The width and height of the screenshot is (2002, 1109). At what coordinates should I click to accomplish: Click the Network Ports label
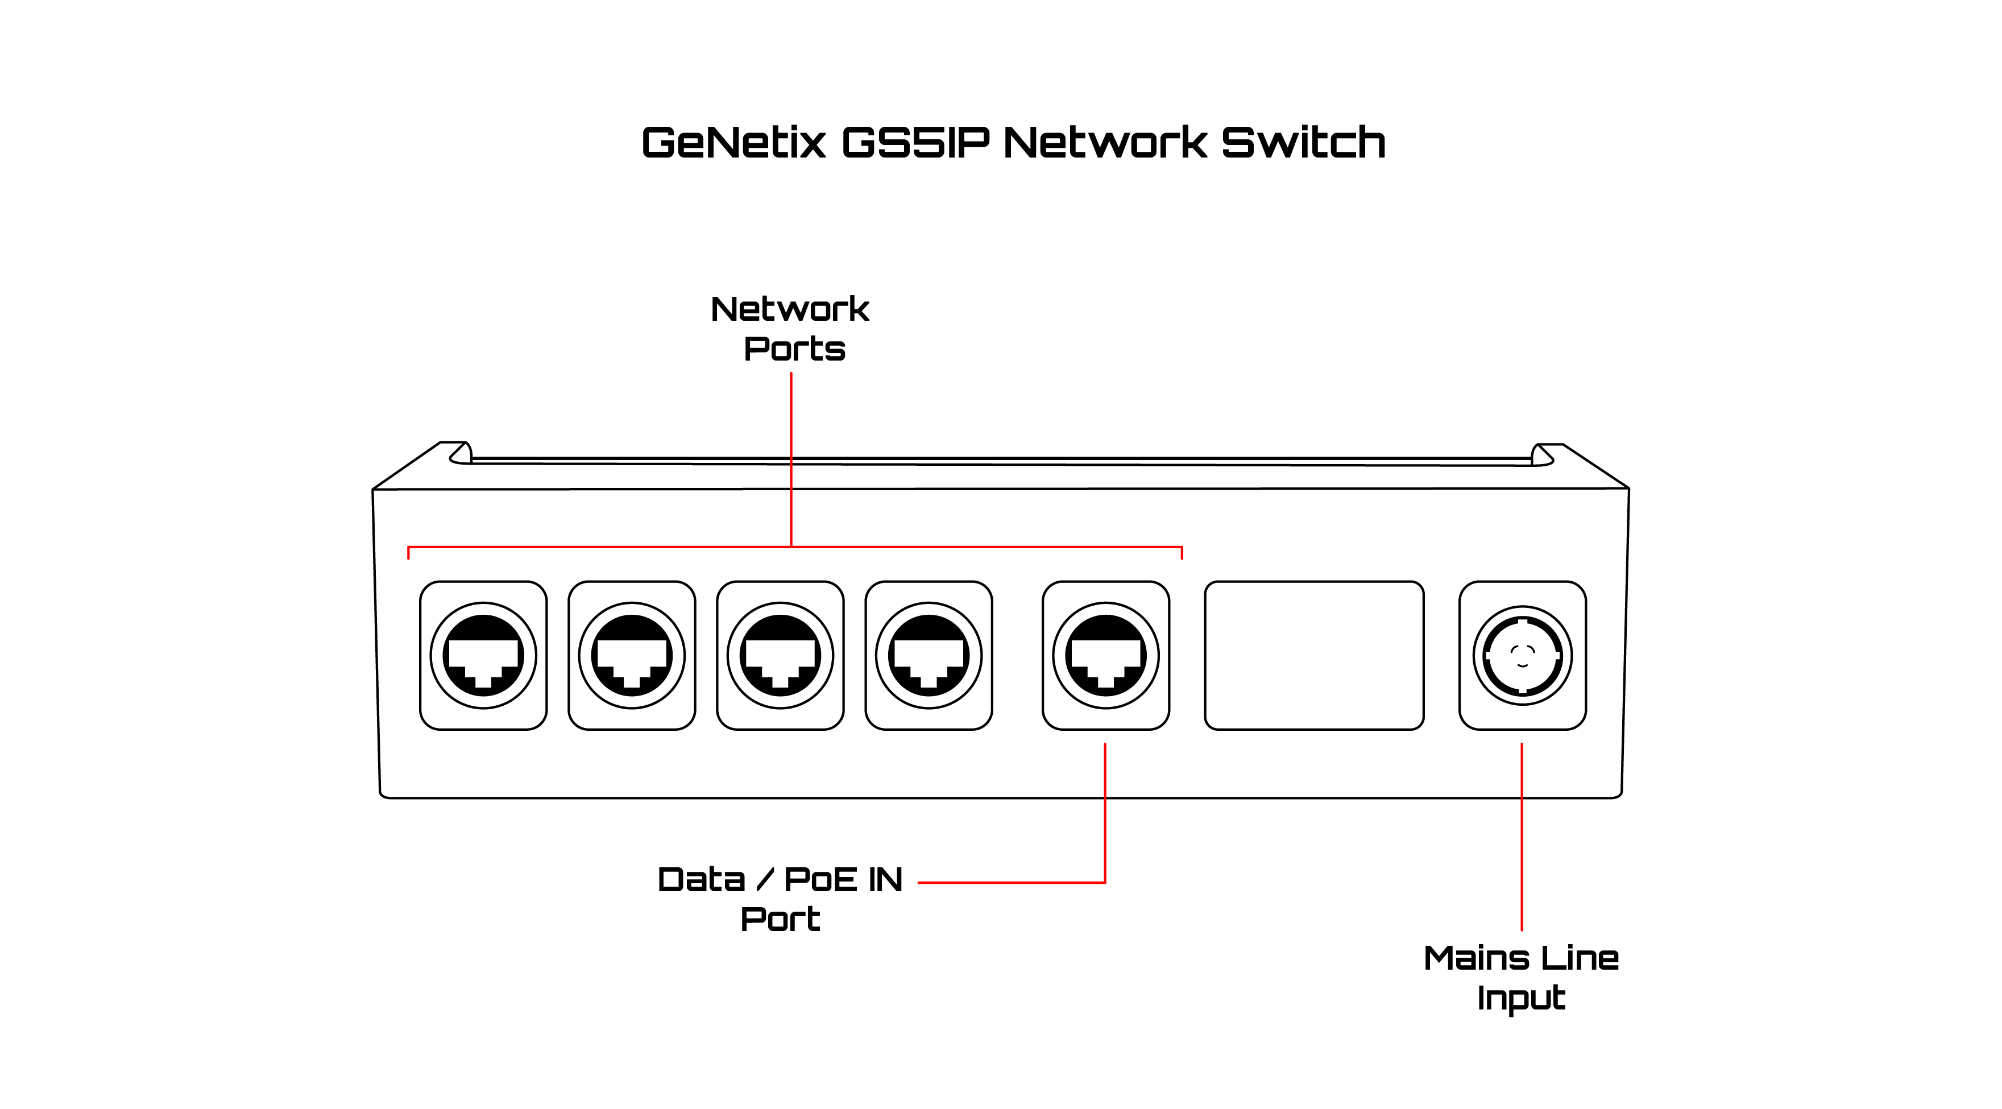[x=790, y=329]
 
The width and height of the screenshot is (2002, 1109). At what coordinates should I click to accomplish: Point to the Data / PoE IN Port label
[x=780, y=899]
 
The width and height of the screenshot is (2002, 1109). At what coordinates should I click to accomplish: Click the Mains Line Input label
[x=1521, y=978]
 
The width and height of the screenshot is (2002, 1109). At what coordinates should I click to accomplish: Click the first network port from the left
[x=483, y=655]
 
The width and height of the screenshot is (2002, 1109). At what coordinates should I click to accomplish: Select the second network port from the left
[x=631, y=655]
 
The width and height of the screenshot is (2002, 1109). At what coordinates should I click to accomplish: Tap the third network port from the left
[x=780, y=655]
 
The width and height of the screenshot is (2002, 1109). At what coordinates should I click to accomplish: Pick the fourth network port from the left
[x=928, y=655]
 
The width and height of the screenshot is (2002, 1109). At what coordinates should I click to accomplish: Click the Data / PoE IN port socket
[x=1105, y=655]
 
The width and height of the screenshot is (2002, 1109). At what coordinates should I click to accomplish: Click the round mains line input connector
[x=1522, y=655]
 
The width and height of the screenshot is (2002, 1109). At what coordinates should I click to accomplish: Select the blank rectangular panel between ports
[x=1313, y=655]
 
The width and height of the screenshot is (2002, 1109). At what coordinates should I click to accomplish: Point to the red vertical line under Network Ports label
[x=790, y=458]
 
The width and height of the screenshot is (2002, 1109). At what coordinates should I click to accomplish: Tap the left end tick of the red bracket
[x=409, y=553]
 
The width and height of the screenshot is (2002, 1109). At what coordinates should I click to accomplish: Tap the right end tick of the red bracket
[x=1182, y=553]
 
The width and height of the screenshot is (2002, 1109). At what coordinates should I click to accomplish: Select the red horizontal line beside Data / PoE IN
[x=1010, y=882]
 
